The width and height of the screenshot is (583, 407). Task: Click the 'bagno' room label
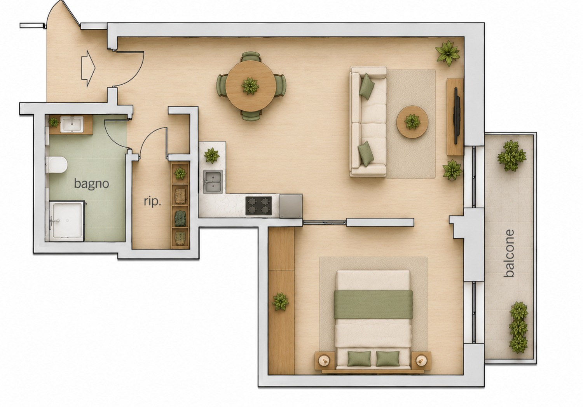(91, 184)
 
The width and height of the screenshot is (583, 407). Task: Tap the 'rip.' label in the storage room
(152, 202)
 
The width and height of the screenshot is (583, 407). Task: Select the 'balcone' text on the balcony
(509, 253)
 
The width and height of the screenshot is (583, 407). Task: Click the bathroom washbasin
(72, 124)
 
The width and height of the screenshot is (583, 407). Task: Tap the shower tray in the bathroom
(67, 221)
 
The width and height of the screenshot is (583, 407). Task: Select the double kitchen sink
(213, 182)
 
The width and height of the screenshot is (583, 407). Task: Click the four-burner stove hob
(259, 206)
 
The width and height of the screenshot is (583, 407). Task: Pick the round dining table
(251, 86)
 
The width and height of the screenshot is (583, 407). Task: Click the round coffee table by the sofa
(412, 122)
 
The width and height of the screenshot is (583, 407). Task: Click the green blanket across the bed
(373, 305)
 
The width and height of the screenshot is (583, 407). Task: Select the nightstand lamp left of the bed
(324, 361)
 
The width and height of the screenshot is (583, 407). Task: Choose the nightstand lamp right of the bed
(420, 361)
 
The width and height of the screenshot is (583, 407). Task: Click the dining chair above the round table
(251, 56)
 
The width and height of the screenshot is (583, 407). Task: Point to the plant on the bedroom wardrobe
(281, 301)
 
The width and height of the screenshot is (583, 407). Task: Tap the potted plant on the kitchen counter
(211, 155)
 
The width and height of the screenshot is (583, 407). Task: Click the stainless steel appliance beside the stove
(291, 206)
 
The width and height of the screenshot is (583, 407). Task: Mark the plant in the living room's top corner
(448, 53)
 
